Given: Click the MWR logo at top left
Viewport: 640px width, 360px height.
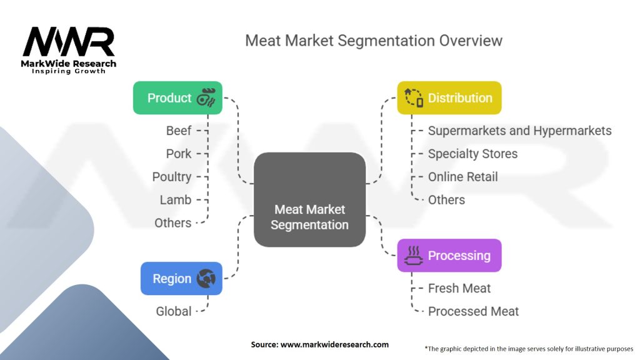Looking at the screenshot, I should [69, 44].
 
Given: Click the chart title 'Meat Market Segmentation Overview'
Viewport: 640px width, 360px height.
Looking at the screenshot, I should [373, 41].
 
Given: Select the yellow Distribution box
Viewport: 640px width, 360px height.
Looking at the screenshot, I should [449, 98].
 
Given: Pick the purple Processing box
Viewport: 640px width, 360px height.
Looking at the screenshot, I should [449, 256].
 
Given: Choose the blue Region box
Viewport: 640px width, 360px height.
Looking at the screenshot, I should [181, 278].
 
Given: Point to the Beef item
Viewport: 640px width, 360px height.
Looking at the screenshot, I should [179, 131].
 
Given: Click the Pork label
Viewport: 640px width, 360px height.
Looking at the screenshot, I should [179, 154].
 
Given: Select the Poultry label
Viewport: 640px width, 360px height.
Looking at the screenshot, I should [172, 177].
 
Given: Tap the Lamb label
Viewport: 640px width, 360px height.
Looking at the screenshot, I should [176, 200].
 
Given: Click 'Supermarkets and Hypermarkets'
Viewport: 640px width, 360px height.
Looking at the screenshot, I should [519, 131].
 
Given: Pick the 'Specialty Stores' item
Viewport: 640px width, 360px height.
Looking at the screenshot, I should [472, 154].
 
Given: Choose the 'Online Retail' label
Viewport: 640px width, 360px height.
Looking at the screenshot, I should [462, 177].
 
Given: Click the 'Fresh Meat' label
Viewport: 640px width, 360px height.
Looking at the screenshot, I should [459, 288].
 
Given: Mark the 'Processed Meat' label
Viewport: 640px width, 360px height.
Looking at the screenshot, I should [473, 311].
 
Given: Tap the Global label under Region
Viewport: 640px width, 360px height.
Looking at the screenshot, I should [173, 311].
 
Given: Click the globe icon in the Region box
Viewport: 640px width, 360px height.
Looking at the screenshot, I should [206, 278].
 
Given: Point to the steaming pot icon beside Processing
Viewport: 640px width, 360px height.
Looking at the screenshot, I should [413, 256].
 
